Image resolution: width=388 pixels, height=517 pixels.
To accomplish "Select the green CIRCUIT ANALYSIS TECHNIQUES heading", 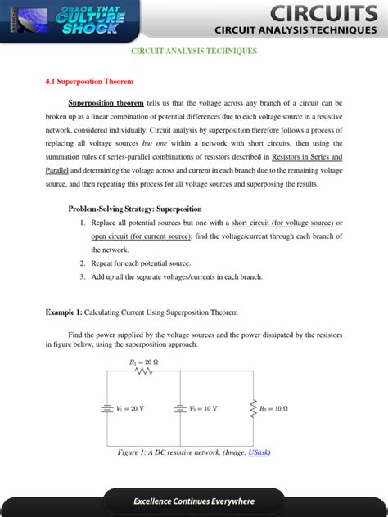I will click(194, 51).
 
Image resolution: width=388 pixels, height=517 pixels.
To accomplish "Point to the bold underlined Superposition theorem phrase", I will click(106, 104).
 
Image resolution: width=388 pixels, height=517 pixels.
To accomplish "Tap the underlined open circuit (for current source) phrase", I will click(142, 236).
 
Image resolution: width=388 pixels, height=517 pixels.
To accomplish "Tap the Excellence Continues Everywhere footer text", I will click(194, 501).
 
